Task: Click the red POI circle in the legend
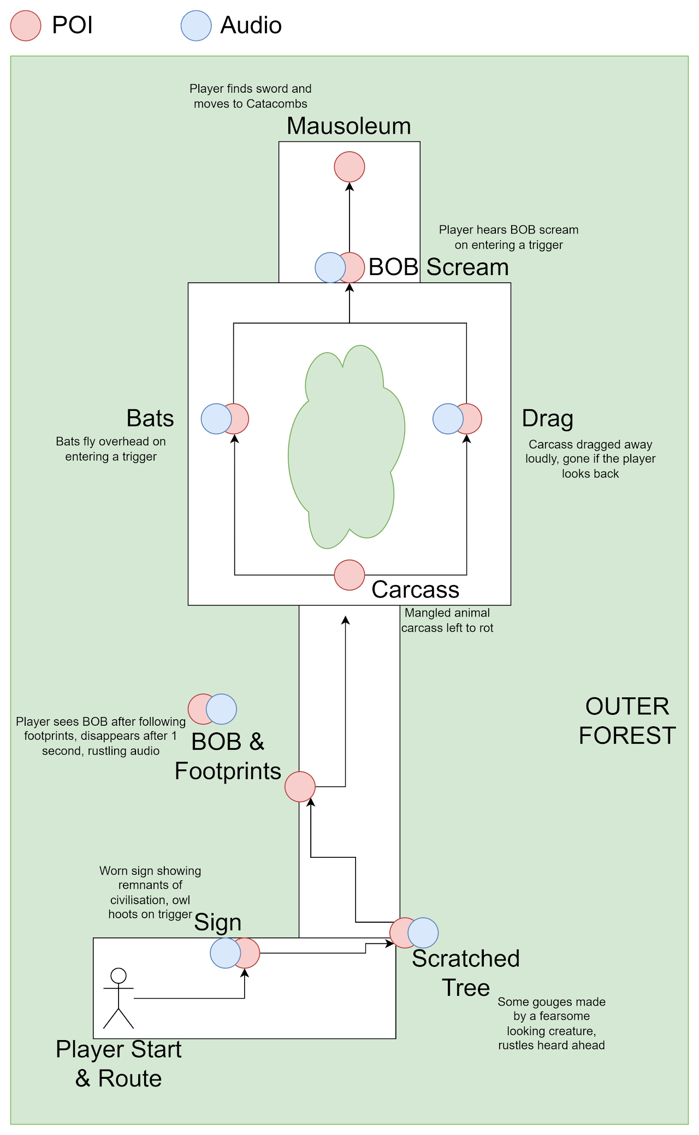pyautogui.click(x=26, y=26)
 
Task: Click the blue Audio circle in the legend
pyautogui.click(x=196, y=26)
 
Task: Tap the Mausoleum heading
pyautogui.click(x=348, y=126)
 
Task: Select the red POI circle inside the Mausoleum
pyautogui.click(x=349, y=167)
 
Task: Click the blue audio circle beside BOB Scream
pyautogui.click(x=330, y=267)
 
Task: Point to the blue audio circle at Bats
pyautogui.click(x=216, y=419)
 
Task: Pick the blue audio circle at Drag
pyautogui.click(x=447, y=419)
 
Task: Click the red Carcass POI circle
pyautogui.click(x=349, y=575)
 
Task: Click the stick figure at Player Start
pyautogui.click(x=119, y=998)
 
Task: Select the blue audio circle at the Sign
pyautogui.click(x=224, y=953)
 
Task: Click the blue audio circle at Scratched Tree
pyautogui.click(x=424, y=933)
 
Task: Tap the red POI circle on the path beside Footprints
pyautogui.click(x=300, y=787)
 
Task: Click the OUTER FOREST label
pyautogui.click(x=627, y=721)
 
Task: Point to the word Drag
pyautogui.click(x=547, y=419)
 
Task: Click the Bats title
pyautogui.click(x=150, y=419)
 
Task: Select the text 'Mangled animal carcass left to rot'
pyautogui.click(x=447, y=620)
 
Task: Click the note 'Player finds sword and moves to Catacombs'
pyautogui.click(x=251, y=96)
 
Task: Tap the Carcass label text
pyautogui.click(x=415, y=590)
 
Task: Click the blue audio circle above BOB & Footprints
pyautogui.click(x=222, y=709)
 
